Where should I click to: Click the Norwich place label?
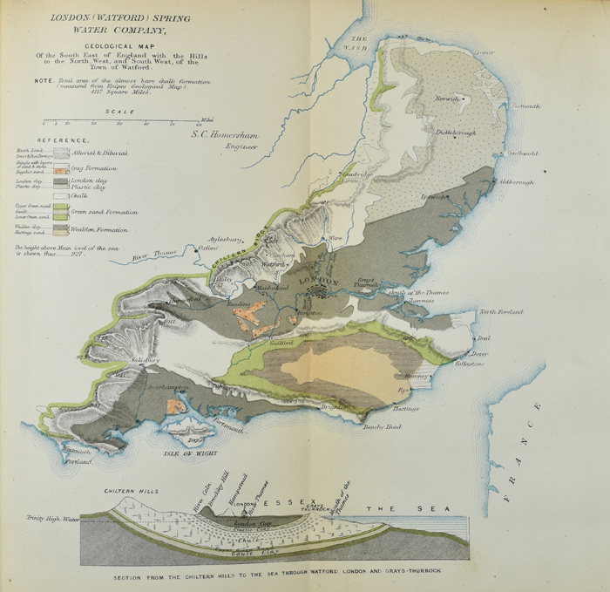(446, 99)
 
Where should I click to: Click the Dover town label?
(479, 353)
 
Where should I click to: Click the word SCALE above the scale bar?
(119, 112)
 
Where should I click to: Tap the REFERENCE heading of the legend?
(63, 140)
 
